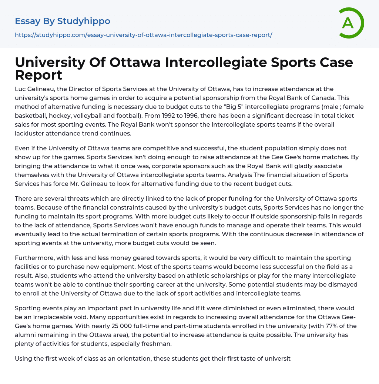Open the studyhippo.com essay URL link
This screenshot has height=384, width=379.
(x=144, y=35)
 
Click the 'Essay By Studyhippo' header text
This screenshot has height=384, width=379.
(x=63, y=21)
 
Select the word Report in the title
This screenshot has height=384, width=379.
(x=38, y=75)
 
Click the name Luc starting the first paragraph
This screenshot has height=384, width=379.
(x=21, y=89)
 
